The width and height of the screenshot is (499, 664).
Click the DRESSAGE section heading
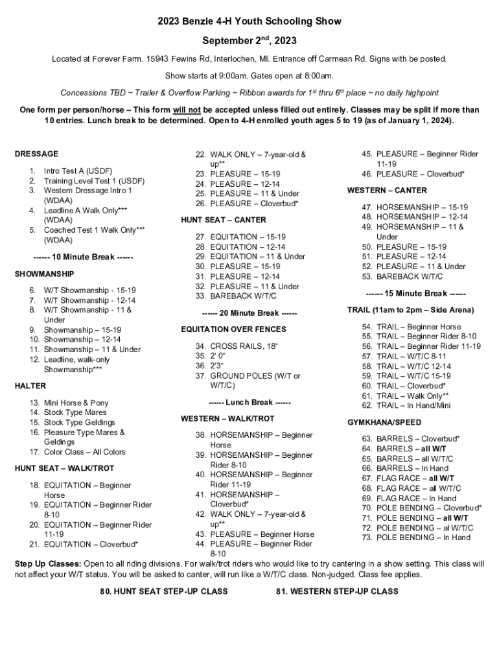pyautogui.click(x=36, y=154)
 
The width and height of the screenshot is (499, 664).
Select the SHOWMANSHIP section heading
pyautogui.click(x=44, y=274)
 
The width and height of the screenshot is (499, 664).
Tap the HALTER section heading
pyautogui.click(x=30, y=386)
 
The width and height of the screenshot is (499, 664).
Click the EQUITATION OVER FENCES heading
pyautogui.click(x=233, y=329)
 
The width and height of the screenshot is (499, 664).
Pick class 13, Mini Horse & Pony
pyautogui.click(x=76, y=403)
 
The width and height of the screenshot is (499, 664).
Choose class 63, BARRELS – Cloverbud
pyautogui.click(x=418, y=439)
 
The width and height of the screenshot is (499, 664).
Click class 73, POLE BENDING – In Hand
pyautogui.click(x=423, y=538)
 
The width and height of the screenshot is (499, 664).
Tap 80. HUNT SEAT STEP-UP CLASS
pyautogui.click(x=164, y=591)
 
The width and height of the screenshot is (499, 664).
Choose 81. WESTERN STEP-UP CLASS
pyautogui.click(x=336, y=591)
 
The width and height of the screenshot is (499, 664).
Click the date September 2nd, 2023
pyautogui.click(x=250, y=41)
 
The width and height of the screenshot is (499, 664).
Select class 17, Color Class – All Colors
pyautogui.click(x=84, y=452)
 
